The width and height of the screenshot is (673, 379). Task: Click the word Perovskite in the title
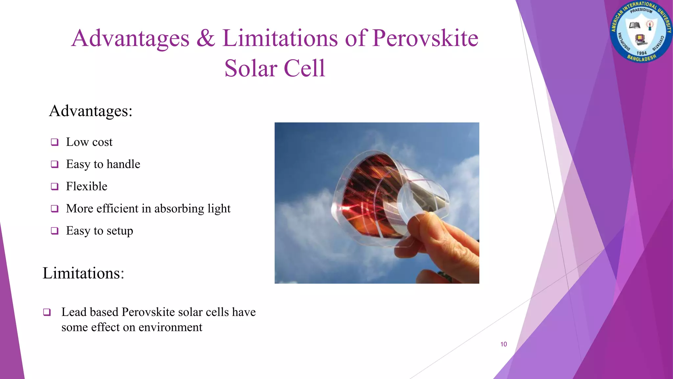coord(425,38)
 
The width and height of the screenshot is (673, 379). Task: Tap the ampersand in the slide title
coord(206,38)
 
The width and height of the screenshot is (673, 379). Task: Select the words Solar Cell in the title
coord(275,68)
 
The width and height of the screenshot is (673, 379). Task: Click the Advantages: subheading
coord(91,111)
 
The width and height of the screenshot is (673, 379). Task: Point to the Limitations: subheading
coord(83,273)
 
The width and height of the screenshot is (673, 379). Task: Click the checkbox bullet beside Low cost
coord(55,142)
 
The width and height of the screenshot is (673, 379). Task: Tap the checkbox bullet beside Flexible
coord(55,187)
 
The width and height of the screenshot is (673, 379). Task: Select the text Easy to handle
coord(103,164)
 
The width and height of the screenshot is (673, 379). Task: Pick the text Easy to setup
coord(99,231)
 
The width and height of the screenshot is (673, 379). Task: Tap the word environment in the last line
coord(170,327)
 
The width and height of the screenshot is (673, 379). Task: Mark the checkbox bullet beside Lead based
coord(47,312)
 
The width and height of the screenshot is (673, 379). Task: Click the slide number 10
coord(503,344)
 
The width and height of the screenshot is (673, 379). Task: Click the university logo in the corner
coord(641,32)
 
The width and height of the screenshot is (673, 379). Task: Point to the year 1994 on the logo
coord(641,53)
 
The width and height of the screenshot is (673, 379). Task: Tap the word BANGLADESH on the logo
coord(641,59)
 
